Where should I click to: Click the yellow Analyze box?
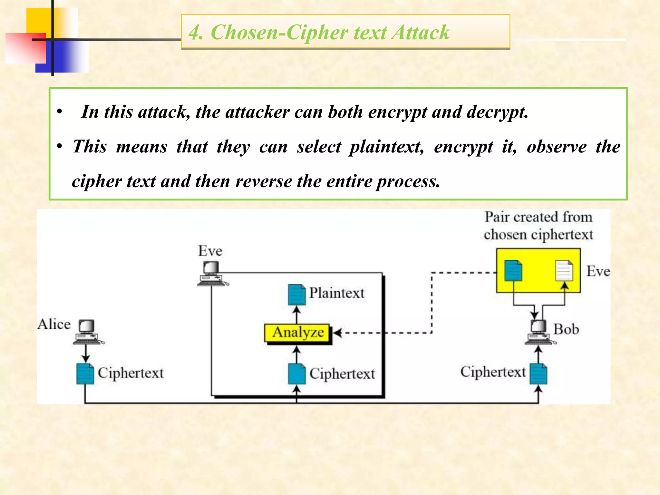pyautogui.click(x=297, y=333)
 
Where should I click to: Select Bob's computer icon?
pyautogui.click(x=539, y=332)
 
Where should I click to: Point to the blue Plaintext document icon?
pyautogui.click(x=296, y=295)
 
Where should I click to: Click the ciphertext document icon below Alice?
pyautogui.click(x=85, y=374)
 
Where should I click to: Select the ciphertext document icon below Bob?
pyautogui.click(x=539, y=374)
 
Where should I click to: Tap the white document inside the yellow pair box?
pyautogui.click(x=564, y=270)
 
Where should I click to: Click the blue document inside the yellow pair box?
pyautogui.click(x=513, y=270)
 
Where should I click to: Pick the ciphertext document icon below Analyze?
pyautogui.click(x=296, y=374)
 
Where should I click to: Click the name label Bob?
pyautogui.click(x=566, y=329)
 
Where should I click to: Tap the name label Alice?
pyautogui.click(x=54, y=324)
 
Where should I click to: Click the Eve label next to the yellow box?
pyautogui.click(x=598, y=271)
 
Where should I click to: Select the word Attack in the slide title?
pyautogui.click(x=420, y=33)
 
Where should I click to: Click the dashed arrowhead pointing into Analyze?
pyautogui.click(x=337, y=333)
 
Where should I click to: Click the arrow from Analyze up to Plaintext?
pyautogui.click(x=296, y=314)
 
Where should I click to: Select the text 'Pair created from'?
pyautogui.click(x=539, y=217)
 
